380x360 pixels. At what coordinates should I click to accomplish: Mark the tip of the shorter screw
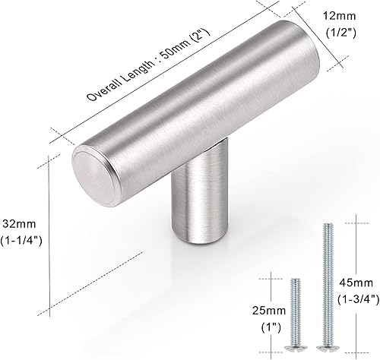point(295,279)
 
